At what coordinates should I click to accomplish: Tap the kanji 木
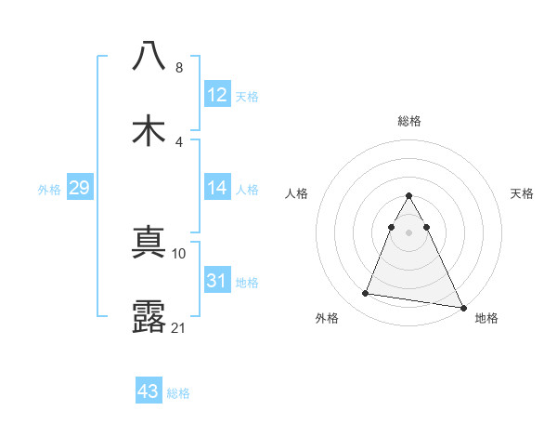click(x=149, y=131)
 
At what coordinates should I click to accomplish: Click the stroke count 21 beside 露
click(x=179, y=326)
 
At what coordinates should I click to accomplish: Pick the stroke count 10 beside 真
click(x=179, y=252)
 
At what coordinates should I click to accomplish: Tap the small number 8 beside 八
click(x=179, y=68)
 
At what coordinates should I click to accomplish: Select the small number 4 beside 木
click(x=179, y=142)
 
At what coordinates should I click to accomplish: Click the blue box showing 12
click(x=217, y=95)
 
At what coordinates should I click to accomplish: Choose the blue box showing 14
click(x=217, y=188)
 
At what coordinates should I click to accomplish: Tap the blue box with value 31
click(x=217, y=281)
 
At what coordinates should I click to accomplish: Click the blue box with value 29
click(x=79, y=188)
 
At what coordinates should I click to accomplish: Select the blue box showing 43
click(x=149, y=391)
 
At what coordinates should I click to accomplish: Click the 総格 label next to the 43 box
click(x=179, y=393)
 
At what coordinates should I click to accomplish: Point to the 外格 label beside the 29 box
click(x=49, y=190)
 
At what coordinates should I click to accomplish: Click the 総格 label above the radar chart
click(x=409, y=121)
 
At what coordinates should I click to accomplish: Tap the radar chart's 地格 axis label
click(x=486, y=318)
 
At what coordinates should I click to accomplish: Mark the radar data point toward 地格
click(x=462, y=309)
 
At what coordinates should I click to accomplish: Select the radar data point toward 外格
click(x=366, y=294)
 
